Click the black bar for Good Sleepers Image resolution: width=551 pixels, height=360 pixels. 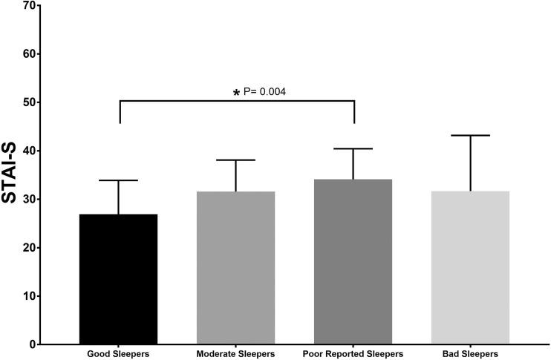(119, 279)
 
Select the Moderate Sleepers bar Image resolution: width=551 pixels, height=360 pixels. (235, 268)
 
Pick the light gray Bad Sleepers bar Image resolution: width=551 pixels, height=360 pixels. (470, 268)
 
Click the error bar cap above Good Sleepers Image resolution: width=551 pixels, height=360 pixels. (119, 180)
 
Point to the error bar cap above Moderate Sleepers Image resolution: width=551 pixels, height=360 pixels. (235, 160)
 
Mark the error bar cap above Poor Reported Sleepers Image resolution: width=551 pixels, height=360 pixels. (353, 149)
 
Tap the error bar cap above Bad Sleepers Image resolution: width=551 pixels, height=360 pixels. (470, 135)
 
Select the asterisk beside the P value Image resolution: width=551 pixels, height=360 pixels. (237, 93)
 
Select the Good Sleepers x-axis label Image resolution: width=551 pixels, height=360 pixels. (118, 354)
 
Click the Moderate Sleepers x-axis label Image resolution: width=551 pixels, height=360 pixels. (235, 354)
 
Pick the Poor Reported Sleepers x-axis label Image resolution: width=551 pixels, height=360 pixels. (353, 354)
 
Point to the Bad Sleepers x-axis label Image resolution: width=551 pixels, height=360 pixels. (470, 354)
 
